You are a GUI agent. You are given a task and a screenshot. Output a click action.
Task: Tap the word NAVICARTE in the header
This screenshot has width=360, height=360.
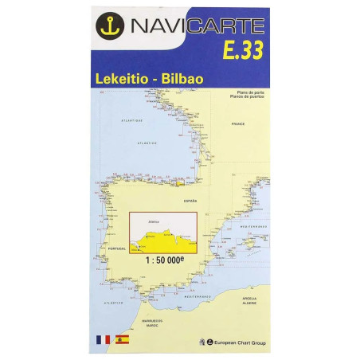tap(194, 27)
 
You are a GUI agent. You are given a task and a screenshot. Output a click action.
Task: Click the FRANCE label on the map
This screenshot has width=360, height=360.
tap(237, 125)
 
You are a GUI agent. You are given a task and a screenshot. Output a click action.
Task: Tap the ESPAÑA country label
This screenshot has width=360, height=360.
tap(189, 202)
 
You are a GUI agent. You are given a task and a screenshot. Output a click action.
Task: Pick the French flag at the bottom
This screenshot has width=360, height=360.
tap(106, 339)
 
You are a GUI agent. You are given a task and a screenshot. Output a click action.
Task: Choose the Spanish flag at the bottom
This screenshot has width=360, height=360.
tap(123, 339)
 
